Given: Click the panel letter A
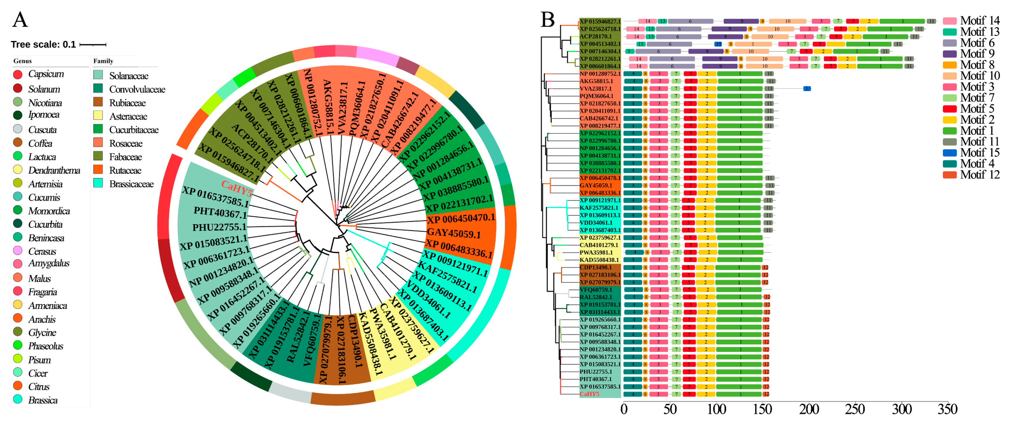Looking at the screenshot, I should (20, 20).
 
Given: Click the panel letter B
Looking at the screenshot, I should (547, 20).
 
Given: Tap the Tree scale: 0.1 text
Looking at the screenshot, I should (43, 45).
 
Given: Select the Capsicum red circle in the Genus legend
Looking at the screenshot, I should (18, 75).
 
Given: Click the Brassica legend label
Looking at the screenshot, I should (43, 400).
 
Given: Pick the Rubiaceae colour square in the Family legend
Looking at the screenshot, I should (98, 103).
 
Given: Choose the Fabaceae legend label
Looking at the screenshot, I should (125, 157).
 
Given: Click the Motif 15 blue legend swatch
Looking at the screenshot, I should (949, 153).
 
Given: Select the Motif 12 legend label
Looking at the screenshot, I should (980, 175).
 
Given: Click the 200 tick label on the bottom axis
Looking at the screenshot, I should (809, 410).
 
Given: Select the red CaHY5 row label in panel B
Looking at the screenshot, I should (589, 394).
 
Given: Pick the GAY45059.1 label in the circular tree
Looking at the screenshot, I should (453, 233).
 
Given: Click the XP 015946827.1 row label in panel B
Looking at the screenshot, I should (600, 22).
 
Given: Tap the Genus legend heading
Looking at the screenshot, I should (22, 61).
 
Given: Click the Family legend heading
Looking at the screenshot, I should (103, 61).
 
